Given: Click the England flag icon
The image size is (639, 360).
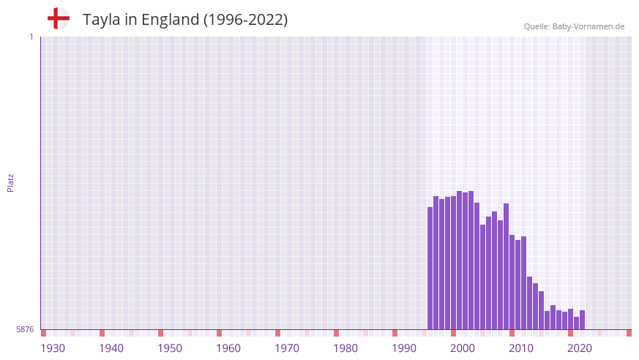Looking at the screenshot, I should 58,18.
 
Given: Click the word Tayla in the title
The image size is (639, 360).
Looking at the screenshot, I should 101,20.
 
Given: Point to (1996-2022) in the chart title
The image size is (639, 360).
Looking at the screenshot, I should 245,20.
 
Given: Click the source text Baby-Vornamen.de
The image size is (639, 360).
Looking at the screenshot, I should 589,26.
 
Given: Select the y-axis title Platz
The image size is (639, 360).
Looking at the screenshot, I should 10,182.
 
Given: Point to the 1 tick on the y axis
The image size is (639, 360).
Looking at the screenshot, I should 31,37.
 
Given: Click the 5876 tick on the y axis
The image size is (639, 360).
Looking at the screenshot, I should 25,330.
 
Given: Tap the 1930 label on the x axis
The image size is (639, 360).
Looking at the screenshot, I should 53,348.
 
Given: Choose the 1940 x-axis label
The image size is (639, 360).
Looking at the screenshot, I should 111,348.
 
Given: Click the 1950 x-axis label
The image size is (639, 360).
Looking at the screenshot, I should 170,348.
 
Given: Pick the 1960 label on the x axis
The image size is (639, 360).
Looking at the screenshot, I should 228,348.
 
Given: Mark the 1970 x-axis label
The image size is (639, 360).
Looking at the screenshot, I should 287,348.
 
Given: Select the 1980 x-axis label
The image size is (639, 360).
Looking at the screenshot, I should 345,348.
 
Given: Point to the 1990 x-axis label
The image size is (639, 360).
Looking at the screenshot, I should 404,348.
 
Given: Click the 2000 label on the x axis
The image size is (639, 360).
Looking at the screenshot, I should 463,348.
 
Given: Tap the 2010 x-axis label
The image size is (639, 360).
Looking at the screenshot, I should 521,348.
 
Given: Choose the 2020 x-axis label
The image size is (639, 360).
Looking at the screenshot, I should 580,348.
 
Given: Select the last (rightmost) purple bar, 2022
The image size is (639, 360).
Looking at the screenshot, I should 583,320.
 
